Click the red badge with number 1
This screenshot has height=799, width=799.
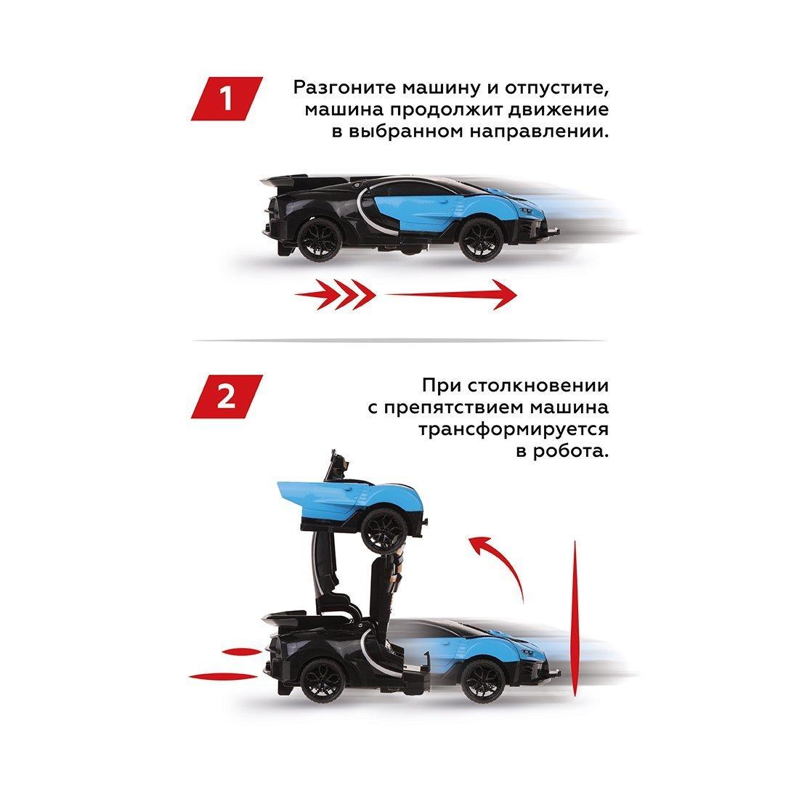pos(227,99)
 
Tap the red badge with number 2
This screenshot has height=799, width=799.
pos(227,397)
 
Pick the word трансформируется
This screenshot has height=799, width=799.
pos(513,429)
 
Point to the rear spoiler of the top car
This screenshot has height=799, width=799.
pos(287,182)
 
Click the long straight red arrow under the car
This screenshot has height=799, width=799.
pos(450,294)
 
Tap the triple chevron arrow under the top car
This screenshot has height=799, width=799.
pos(334,294)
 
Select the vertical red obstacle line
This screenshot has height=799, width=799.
pos(575,617)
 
